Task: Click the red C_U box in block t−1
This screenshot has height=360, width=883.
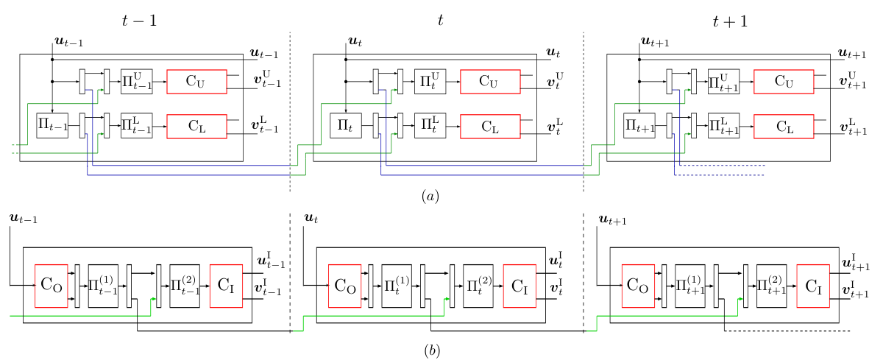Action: [196, 82]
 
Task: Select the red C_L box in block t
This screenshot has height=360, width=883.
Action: [490, 127]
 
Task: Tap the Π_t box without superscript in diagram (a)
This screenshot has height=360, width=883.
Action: [346, 126]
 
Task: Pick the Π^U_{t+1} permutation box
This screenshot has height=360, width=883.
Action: [723, 82]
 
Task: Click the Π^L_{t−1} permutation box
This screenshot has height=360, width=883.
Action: [136, 126]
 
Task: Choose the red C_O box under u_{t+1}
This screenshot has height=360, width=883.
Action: [638, 286]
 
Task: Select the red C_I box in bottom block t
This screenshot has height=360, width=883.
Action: [519, 286]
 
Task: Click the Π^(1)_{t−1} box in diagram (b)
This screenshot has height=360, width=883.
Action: [103, 286]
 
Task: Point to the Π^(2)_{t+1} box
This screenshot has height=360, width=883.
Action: [771, 286]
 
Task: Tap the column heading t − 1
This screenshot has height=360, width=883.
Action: [139, 21]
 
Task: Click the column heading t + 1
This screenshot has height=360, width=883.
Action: [730, 21]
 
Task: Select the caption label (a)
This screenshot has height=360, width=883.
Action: [430, 196]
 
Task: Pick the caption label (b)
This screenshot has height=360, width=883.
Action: [432, 350]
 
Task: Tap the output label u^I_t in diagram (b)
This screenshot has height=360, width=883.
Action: [556, 259]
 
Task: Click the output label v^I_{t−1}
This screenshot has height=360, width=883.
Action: [268, 287]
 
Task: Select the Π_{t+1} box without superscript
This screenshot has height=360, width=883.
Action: [639, 126]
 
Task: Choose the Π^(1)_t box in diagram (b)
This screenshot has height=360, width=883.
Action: [397, 286]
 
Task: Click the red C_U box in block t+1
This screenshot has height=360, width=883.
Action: [784, 82]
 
